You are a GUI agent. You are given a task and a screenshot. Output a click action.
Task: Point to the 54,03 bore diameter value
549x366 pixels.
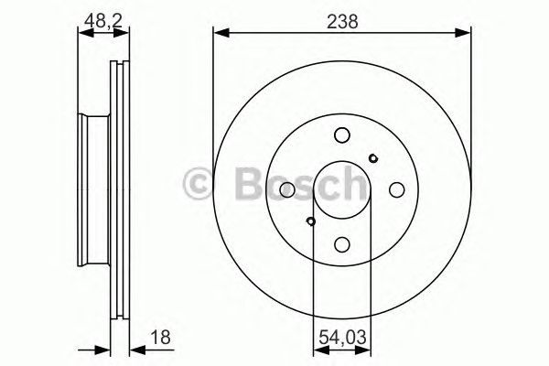tap(341, 338)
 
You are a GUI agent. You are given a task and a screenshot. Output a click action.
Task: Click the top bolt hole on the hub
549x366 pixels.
tap(341, 135)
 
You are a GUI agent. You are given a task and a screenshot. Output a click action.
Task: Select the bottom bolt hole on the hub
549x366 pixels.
tap(341, 243)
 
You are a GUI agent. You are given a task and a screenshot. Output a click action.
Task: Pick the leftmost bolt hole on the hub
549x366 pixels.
tap(286, 189)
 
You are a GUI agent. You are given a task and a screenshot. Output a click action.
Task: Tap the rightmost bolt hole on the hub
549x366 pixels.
tap(396, 189)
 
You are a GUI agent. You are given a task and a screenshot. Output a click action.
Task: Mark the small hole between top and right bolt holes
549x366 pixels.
tap(372, 158)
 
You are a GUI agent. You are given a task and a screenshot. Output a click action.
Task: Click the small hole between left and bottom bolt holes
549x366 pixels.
tap(311, 221)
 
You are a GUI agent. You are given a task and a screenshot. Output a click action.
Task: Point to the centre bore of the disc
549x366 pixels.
tap(341, 189)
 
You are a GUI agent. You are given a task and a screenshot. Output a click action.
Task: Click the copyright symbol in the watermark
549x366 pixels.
tap(200, 184)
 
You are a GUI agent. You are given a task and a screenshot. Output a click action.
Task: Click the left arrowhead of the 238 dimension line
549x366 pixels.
tap(219, 33)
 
